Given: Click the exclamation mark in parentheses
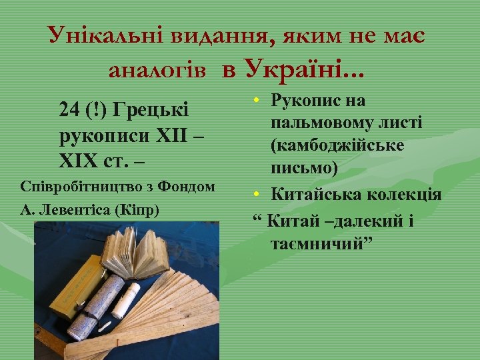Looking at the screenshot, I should pyautogui.click(x=95, y=109).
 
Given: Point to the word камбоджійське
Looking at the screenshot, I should pyautogui.click(x=337, y=145).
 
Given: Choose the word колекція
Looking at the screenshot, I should pyautogui.click(x=409, y=195).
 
